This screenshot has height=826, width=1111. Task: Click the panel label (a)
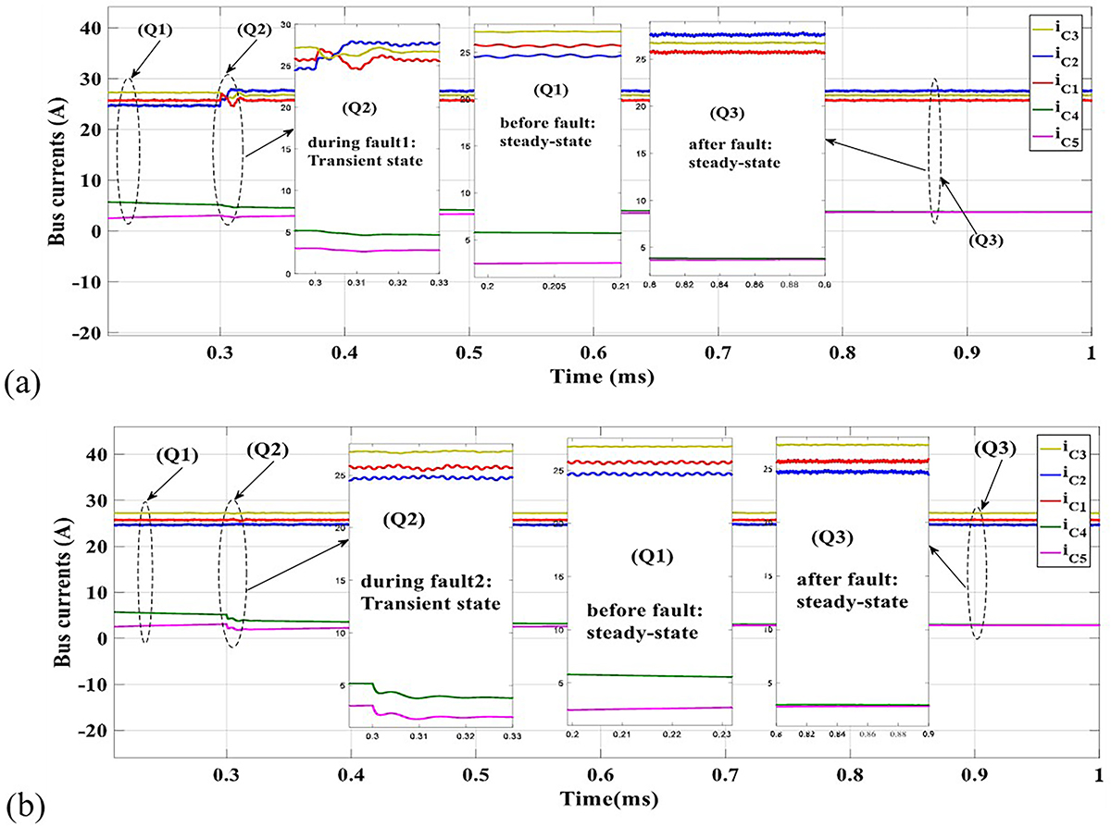coord(20,382)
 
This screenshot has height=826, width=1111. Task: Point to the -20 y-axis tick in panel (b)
coord(92,731)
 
